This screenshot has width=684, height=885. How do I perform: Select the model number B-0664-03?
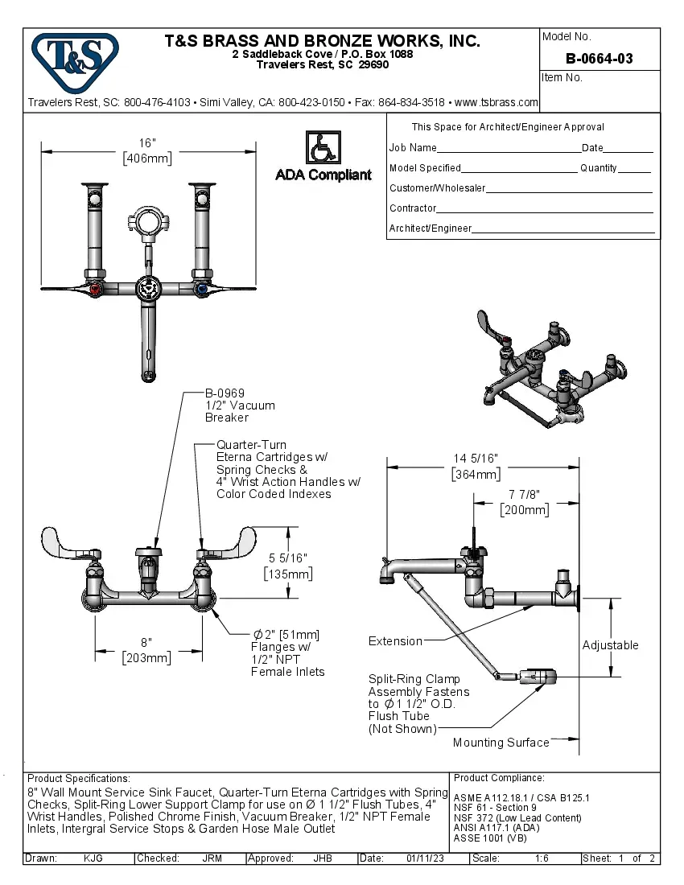coord(599,58)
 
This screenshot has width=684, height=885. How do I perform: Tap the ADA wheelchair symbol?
coord(323,148)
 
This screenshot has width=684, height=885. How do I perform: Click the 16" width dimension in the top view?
coord(147,150)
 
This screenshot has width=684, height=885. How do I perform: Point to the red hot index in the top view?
coord(97,289)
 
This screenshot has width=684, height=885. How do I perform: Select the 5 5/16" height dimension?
coord(288,566)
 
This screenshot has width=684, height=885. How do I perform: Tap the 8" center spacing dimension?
coord(146,650)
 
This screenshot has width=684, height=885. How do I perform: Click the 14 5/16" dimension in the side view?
coord(476,466)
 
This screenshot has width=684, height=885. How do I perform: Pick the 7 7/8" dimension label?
coord(524,502)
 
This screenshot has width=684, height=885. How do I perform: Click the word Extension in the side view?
coord(395,641)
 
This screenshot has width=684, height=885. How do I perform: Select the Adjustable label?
coord(610,645)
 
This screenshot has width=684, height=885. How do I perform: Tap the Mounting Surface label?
coord(501,743)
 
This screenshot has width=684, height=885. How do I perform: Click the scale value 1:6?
coord(542,858)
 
